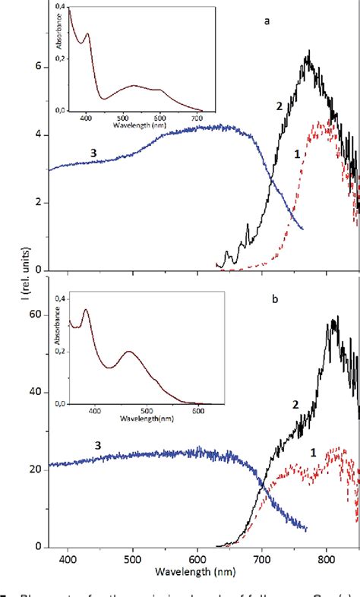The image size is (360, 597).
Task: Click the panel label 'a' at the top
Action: point(267,22)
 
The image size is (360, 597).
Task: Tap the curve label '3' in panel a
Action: point(93,153)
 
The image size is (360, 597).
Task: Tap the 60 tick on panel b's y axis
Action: point(34,314)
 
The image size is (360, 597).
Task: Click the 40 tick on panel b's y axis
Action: point(34,393)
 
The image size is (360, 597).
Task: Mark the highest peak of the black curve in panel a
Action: point(308,52)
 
